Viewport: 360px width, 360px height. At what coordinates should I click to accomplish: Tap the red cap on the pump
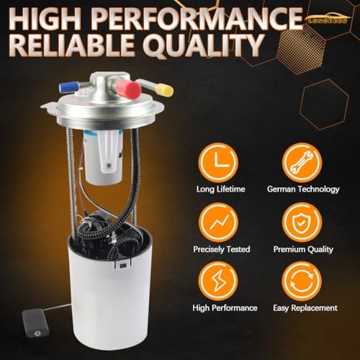(x=132, y=89)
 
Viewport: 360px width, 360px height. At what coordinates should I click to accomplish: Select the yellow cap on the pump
(x=166, y=90)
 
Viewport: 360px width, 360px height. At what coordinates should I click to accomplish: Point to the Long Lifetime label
(x=220, y=189)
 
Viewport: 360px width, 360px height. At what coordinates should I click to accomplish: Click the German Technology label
(x=303, y=189)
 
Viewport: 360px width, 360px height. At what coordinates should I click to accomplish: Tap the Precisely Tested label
(x=222, y=249)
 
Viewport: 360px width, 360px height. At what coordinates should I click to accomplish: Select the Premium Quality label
(x=303, y=249)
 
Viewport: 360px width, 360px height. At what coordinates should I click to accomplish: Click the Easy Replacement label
(x=305, y=308)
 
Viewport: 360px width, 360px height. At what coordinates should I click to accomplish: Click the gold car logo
(x=329, y=18)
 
